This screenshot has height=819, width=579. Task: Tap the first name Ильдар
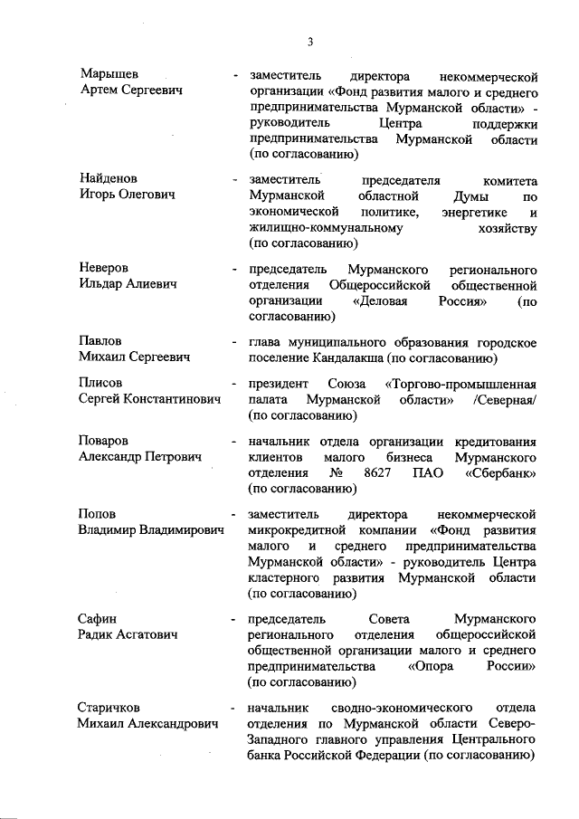pos(102,284)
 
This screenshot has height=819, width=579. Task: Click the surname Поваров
pos(104,442)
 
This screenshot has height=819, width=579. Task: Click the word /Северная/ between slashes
pos(503,399)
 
